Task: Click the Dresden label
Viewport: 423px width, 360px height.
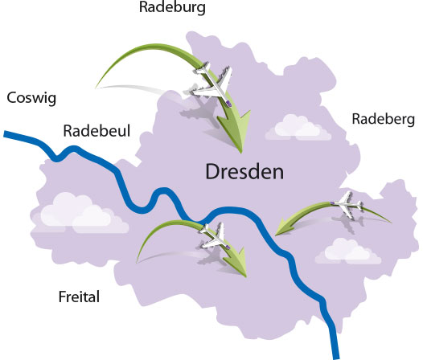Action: click(245, 172)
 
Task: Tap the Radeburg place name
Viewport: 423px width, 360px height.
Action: click(173, 9)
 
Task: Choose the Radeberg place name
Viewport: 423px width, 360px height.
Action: click(383, 120)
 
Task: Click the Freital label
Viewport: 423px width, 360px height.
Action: click(79, 297)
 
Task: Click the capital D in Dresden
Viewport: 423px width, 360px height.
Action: click(214, 172)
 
